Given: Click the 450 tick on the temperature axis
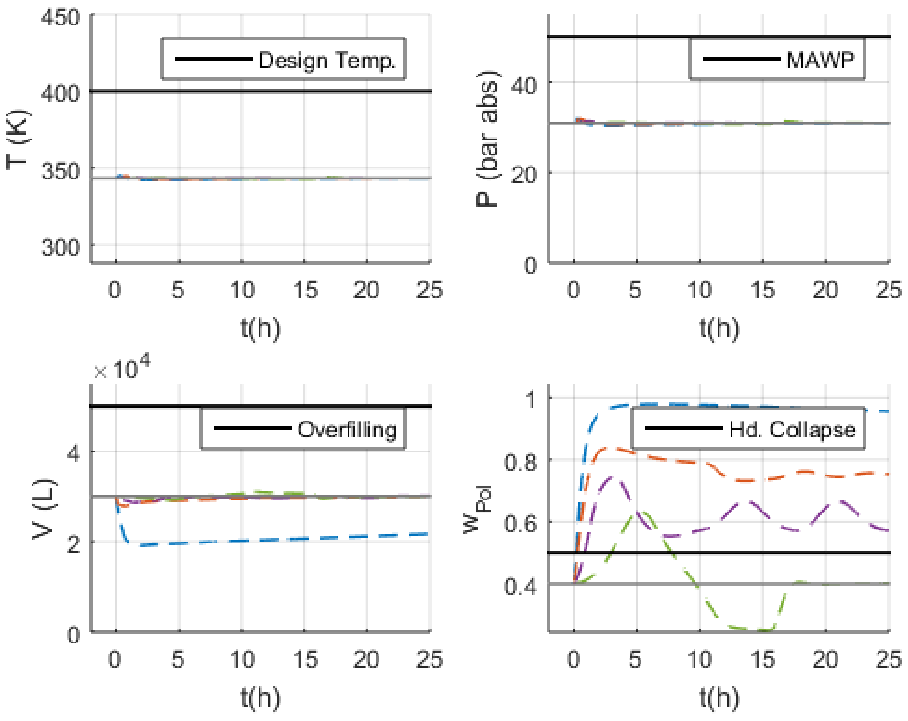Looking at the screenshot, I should pos(60,18).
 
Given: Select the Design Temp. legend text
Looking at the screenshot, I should pos(327,60).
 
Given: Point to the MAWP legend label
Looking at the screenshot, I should pos(820,60).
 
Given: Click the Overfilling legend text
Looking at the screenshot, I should pos(347,430).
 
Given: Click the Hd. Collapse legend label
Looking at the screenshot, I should pos(792,430).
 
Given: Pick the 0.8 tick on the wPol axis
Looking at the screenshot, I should pos(521,462).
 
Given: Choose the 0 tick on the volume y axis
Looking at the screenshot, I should pos(73,634).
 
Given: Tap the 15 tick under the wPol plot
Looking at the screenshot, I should pos(762,659).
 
